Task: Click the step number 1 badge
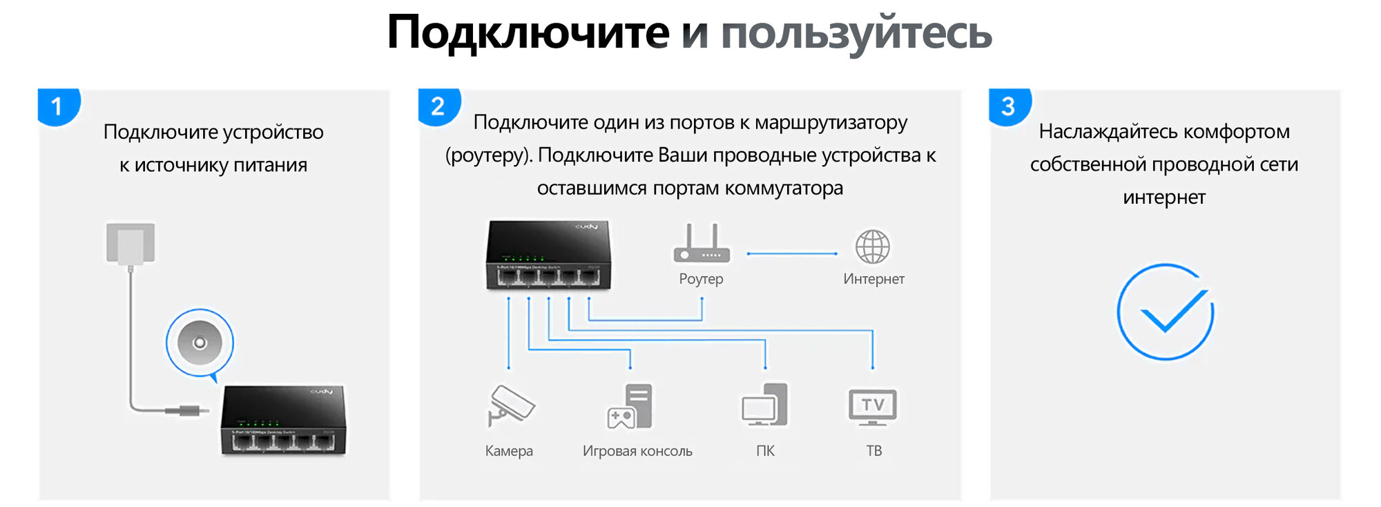coord(57,106)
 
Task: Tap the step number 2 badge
coord(438,106)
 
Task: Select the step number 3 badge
coord(1008,106)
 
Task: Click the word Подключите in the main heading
coord(528,32)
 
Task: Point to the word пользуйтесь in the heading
coord(856,32)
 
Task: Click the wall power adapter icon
coord(131,243)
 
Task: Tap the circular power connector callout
coord(200,343)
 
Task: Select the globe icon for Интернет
coord(873,247)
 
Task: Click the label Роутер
coord(701,279)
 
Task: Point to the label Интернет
coord(873,279)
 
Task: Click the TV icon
coord(873,406)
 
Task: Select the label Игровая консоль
coord(637,451)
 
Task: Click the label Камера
coord(509,451)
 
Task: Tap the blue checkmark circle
coord(1166,312)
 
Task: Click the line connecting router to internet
coord(792,254)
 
